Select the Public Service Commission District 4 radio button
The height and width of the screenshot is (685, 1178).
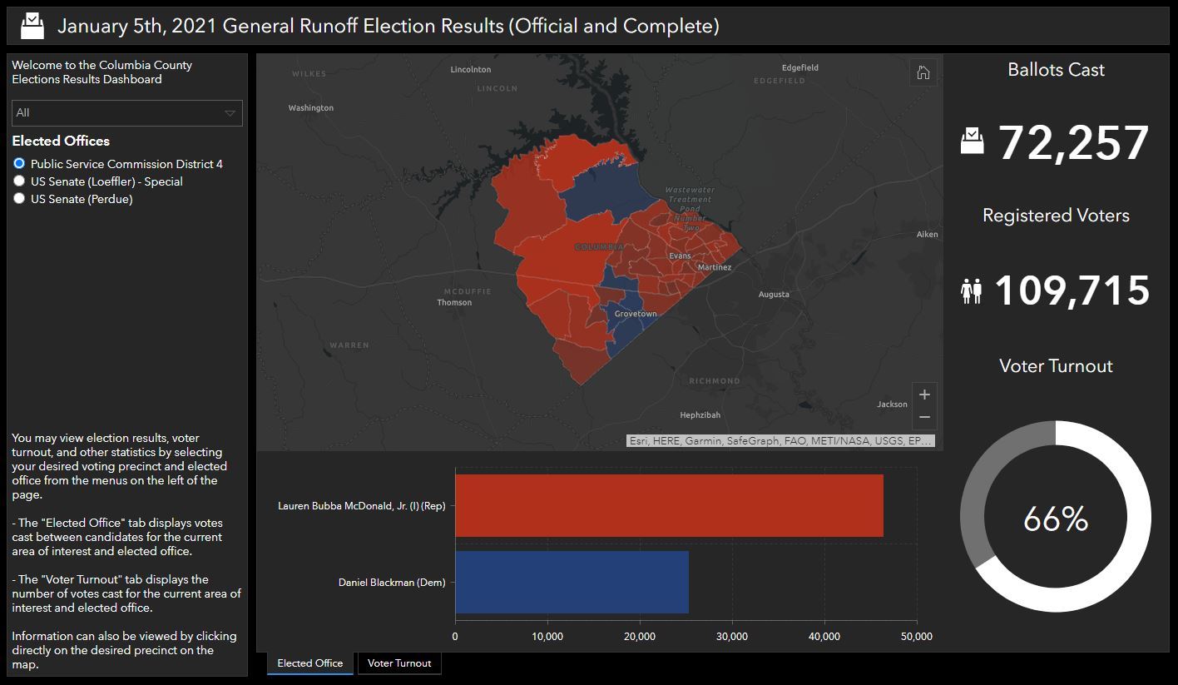coord(19,164)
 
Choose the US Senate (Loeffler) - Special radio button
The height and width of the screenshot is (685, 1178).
coord(19,181)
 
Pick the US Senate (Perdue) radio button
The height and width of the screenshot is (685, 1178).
coord(19,199)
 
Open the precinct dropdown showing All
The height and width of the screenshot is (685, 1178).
coord(126,113)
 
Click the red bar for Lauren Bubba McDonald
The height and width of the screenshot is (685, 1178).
coord(669,506)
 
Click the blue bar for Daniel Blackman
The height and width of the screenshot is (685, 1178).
coord(572,582)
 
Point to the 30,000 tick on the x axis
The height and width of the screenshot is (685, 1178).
coord(731,637)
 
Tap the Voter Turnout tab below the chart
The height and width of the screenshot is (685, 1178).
coord(399,663)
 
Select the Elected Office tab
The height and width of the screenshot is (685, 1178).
coord(309,663)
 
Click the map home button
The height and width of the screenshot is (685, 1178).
coord(923,72)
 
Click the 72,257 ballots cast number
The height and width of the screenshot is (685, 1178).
coord(1073,143)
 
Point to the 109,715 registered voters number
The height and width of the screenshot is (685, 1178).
coord(1072,291)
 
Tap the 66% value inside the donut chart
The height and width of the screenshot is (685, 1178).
coord(1055,519)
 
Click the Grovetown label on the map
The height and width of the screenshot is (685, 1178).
coord(636,314)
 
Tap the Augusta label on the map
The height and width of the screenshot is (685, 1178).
coord(774,295)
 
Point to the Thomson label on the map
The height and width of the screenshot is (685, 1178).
coord(454,302)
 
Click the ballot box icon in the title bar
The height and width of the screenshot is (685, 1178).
coord(32,26)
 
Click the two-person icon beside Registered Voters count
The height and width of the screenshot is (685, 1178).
coord(971,291)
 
